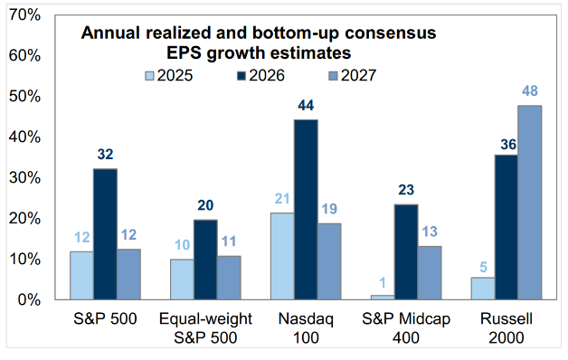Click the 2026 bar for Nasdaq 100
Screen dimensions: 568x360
click(x=306, y=210)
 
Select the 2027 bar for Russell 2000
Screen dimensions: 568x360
click(x=530, y=203)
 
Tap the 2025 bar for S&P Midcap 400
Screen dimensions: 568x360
click(x=383, y=298)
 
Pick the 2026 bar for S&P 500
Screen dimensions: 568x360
click(x=106, y=234)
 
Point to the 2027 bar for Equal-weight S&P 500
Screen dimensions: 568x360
click(x=229, y=278)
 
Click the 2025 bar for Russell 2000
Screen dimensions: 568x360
click(x=483, y=289)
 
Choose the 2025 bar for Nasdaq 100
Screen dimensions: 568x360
click(x=282, y=256)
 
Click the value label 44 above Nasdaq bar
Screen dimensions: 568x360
click(x=306, y=106)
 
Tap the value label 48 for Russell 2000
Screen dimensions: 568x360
click(x=530, y=91)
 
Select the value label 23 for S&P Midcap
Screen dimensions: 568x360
click(x=406, y=190)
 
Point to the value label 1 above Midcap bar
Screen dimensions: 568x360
click(x=383, y=282)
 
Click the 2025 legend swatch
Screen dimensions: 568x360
click(x=149, y=76)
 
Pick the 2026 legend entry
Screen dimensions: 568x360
click(x=261, y=76)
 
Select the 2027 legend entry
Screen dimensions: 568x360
click(x=353, y=76)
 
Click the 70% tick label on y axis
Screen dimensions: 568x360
click(x=24, y=14)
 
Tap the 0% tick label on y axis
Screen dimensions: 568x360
click(x=29, y=300)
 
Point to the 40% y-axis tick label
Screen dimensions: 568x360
click(x=24, y=137)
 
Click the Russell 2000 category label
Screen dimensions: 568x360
click(x=506, y=328)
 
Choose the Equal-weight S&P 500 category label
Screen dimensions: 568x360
click(x=205, y=328)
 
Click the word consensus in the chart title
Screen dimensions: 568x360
click(x=391, y=33)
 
